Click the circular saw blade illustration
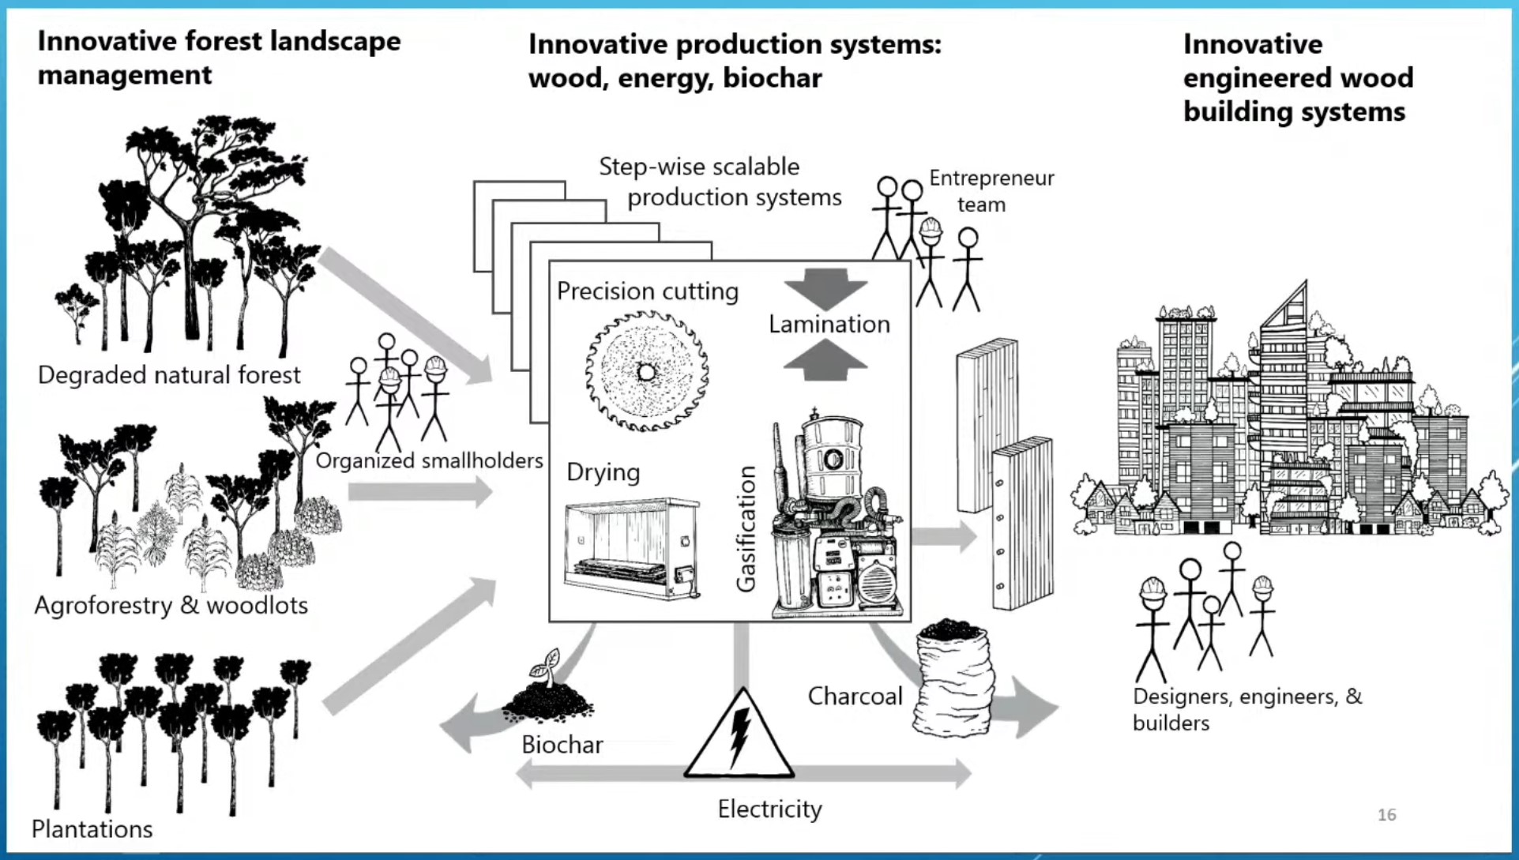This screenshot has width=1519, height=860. pos(646,371)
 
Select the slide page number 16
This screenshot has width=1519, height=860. pos(1386,814)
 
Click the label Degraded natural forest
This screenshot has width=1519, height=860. pos(169,374)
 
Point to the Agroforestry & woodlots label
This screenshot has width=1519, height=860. pos(171,605)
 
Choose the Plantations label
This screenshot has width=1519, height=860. pos(92,828)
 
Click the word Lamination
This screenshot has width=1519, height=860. pos(829,324)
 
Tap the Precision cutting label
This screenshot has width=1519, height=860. pos(647,291)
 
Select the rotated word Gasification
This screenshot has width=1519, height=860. pos(746,528)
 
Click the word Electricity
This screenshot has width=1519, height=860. pos(769,809)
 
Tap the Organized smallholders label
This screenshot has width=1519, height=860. pos(429,460)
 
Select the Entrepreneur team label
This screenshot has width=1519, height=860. pos(991,191)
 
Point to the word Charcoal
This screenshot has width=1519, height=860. pos(854,696)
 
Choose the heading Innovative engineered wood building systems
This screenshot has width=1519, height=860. pos(1298,77)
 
